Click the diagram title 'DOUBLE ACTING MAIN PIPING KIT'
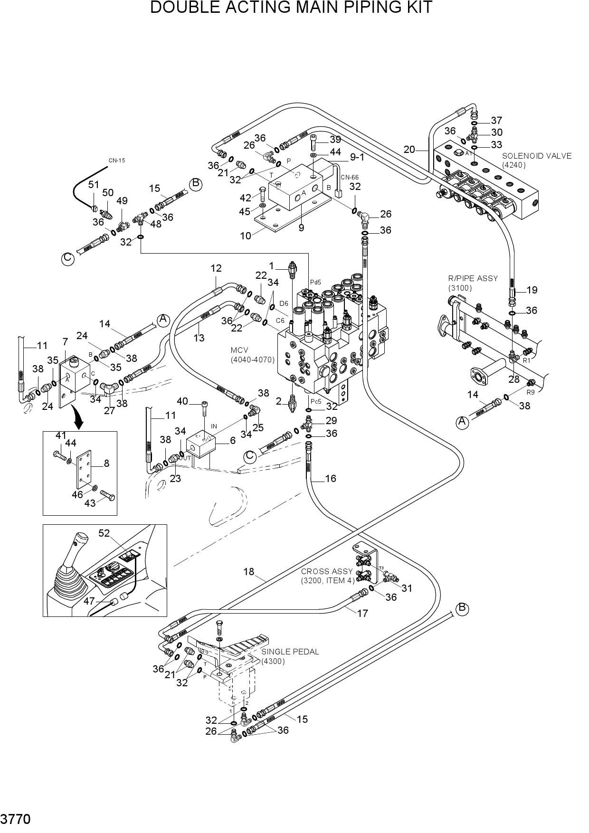291,8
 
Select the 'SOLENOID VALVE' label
537,156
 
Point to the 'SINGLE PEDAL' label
290,652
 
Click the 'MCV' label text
239,350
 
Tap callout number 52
104,533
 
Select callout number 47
89,601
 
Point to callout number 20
409,150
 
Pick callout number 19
532,290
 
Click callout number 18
249,572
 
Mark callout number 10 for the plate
246,236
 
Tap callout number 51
94,185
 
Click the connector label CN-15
117,161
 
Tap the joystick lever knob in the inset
82,539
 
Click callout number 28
514,379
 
